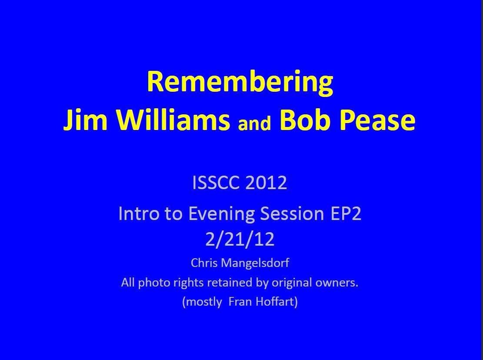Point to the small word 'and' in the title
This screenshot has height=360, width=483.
pos(254,123)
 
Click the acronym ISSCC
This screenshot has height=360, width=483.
pos(216,183)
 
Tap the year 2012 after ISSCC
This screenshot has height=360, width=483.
pos(266,183)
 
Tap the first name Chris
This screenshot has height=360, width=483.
pos(202,263)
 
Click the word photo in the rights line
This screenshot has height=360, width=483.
pos(150,283)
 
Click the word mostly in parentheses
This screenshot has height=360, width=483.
pos(203,302)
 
